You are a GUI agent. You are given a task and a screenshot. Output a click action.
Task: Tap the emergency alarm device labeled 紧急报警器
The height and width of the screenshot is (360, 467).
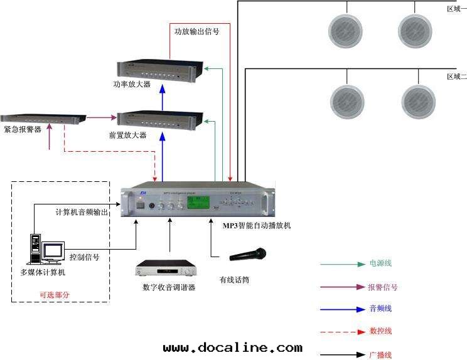43,118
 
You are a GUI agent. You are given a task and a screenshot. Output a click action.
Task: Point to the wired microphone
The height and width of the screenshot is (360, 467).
248,255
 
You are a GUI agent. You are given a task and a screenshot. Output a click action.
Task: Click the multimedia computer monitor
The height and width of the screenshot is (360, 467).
53,251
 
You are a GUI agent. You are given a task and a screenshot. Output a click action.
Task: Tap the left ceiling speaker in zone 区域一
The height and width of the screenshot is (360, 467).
347,29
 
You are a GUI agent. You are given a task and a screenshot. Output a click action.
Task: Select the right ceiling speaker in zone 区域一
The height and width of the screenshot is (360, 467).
416,29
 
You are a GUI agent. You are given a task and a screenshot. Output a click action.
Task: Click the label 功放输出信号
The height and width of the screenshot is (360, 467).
196,30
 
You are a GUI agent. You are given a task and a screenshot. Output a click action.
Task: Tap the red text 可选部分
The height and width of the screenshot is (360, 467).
55,294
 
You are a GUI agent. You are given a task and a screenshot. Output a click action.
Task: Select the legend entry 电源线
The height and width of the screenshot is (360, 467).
380,264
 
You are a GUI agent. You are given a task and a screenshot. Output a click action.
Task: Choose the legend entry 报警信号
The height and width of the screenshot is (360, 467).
382,287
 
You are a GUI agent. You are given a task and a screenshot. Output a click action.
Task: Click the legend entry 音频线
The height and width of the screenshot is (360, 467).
380,309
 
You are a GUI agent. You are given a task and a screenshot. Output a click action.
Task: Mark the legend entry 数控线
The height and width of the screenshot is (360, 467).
380,331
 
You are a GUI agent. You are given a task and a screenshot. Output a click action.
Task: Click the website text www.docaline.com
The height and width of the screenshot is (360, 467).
232,347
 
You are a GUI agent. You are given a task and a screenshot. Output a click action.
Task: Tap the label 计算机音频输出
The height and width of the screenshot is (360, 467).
82,213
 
